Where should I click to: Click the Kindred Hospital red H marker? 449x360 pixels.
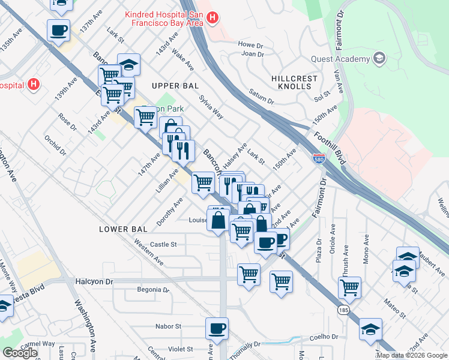coord(212,19)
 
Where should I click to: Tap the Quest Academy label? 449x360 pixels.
coord(340,59)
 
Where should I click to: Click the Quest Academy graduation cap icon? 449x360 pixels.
coord(379,58)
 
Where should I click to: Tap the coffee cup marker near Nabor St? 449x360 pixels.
coord(217,328)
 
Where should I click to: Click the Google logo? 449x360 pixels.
coord(20,352)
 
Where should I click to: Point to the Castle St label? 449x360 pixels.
coord(163,244)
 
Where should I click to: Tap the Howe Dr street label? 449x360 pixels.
coord(250,44)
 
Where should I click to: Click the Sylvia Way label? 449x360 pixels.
coord(211,106)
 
